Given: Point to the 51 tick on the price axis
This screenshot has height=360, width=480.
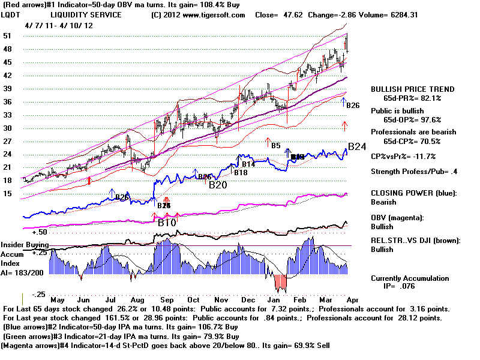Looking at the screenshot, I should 10,36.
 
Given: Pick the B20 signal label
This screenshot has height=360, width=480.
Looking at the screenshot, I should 217,185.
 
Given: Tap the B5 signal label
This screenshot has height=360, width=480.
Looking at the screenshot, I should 275,146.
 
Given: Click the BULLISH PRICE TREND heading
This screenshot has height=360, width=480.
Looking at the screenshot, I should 413,89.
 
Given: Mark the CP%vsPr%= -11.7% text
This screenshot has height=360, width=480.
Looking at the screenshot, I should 403,157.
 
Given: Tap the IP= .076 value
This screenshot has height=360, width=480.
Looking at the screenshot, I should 405,287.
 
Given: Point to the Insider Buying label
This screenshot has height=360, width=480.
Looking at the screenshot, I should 25,245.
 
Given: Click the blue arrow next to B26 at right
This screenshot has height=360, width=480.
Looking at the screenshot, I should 344,102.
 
